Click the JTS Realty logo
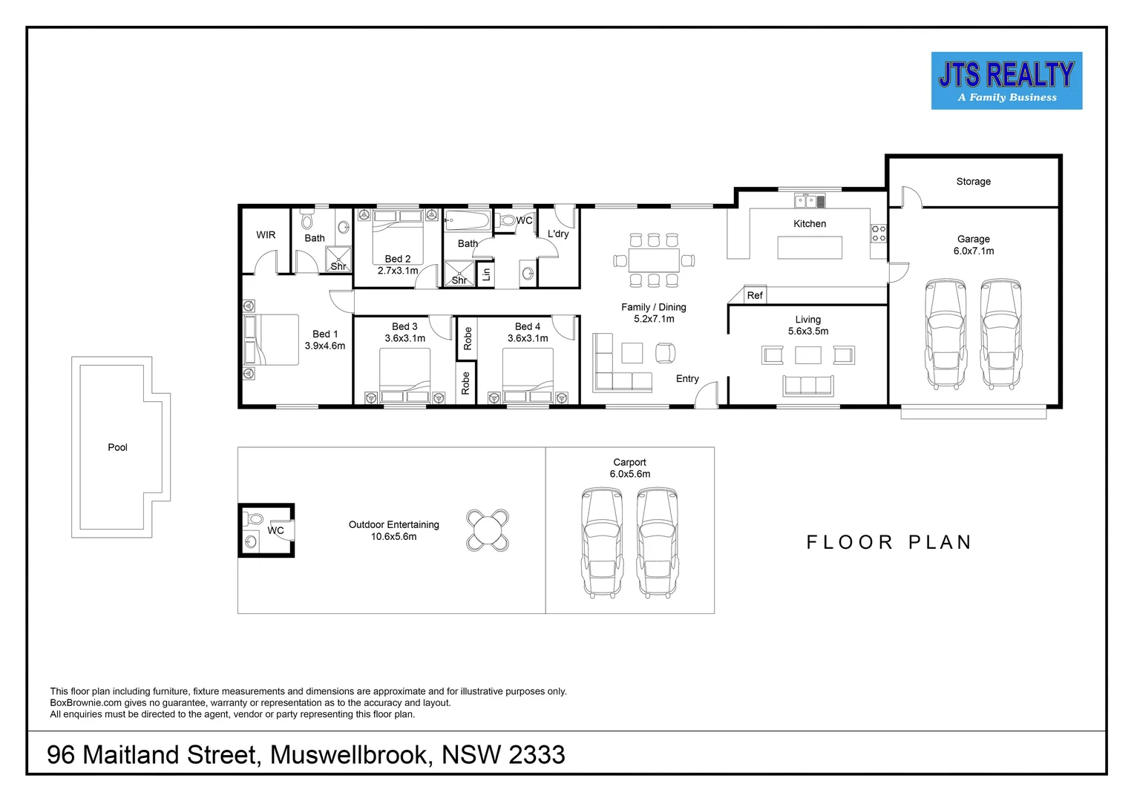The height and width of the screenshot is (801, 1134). pyautogui.click(x=1006, y=81)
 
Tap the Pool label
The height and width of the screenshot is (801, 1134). pyautogui.click(x=117, y=447)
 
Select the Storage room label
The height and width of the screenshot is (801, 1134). pyautogui.click(x=973, y=182)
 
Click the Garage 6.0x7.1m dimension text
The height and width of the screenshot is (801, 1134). pyautogui.click(x=973, y=251)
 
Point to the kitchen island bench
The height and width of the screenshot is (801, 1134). pyautogui.click(x=809, y=247)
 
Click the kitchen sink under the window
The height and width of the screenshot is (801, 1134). pyautogui.click(x=809, y=200)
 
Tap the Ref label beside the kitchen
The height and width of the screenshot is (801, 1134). pyautogui.click(x=754, y=295)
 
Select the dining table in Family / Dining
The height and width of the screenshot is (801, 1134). pyautogui.click(x=653, y=260)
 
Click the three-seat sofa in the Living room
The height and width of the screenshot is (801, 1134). pyautogui.click(x=808, y=386)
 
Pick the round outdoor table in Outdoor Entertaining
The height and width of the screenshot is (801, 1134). pyautogui.click(x=488, y=530)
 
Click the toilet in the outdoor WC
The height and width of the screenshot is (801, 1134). pyautogui.click(x=254, y=518)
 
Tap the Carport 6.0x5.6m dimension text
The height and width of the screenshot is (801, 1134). pyautogui.click(x=629, y=474)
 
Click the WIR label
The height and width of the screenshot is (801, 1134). pyautogui.click(x=266, y=235)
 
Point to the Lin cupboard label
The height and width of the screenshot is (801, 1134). pyautogui.click(x=486, y=274)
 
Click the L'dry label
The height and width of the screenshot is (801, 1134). pyautogui.click(x=557, y=234)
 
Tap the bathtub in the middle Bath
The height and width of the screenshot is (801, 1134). pyautogui.click(x=467, y=220)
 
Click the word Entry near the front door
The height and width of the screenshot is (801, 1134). pyautogui.click(x=687, y=379)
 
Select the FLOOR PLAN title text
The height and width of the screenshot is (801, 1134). pyautogui.click(x=888, y=542)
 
